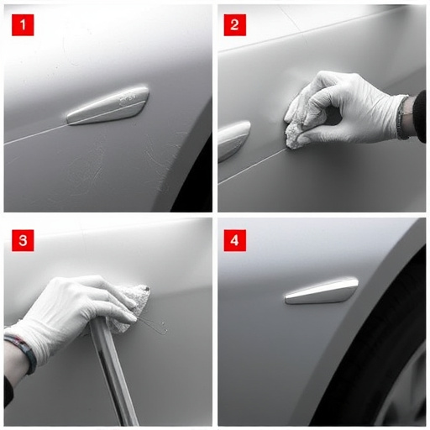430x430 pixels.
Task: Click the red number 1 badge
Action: [23, 25]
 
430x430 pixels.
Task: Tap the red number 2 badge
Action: [235, 25]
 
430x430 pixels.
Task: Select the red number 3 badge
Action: [23, 240]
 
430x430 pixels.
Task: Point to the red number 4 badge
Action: [235, 240]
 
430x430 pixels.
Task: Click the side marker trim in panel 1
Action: [107, 106]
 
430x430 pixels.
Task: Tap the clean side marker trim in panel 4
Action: [322, 291]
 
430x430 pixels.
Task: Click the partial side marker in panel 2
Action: [233, 140]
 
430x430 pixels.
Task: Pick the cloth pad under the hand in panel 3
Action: [131, 308]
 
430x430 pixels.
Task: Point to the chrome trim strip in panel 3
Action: [113, 372]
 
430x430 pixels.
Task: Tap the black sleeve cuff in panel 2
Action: [419, 116]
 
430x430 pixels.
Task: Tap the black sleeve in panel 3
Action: [8, 392]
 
